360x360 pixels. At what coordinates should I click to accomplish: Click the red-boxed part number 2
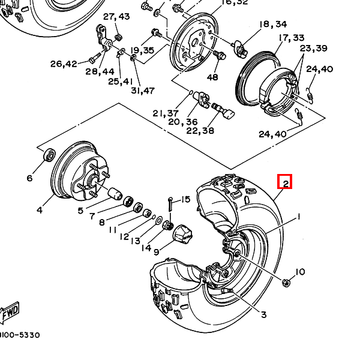pyautogui.click(x=284, y=182)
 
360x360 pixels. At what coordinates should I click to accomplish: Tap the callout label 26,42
pyautogui.click(x=64, y=64)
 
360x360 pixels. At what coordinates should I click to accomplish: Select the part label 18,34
pyautogui.click(x=272, y=24)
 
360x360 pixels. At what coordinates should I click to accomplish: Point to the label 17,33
pyautogui.click(x=291, y=38)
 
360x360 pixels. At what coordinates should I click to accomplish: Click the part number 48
pyautogui.click(x=212, y=77)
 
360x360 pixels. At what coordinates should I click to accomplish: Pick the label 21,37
pyautogui.click(x=166, y=113)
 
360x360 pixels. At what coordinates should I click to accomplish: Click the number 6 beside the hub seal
pyautogui.click(x=29, y=178)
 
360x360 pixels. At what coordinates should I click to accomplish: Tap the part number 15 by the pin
pyautogui.click(x=185, y=199)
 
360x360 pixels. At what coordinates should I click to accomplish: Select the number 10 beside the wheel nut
pyautogui.click(x=299, y=272)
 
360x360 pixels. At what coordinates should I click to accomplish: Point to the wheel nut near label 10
pyautogui.click(x=286, y=282)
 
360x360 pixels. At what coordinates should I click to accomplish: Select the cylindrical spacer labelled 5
pyautogui.click(x=114, y=194)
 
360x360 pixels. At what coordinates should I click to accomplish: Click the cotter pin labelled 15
pyautogui.click(x=171, y=206)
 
